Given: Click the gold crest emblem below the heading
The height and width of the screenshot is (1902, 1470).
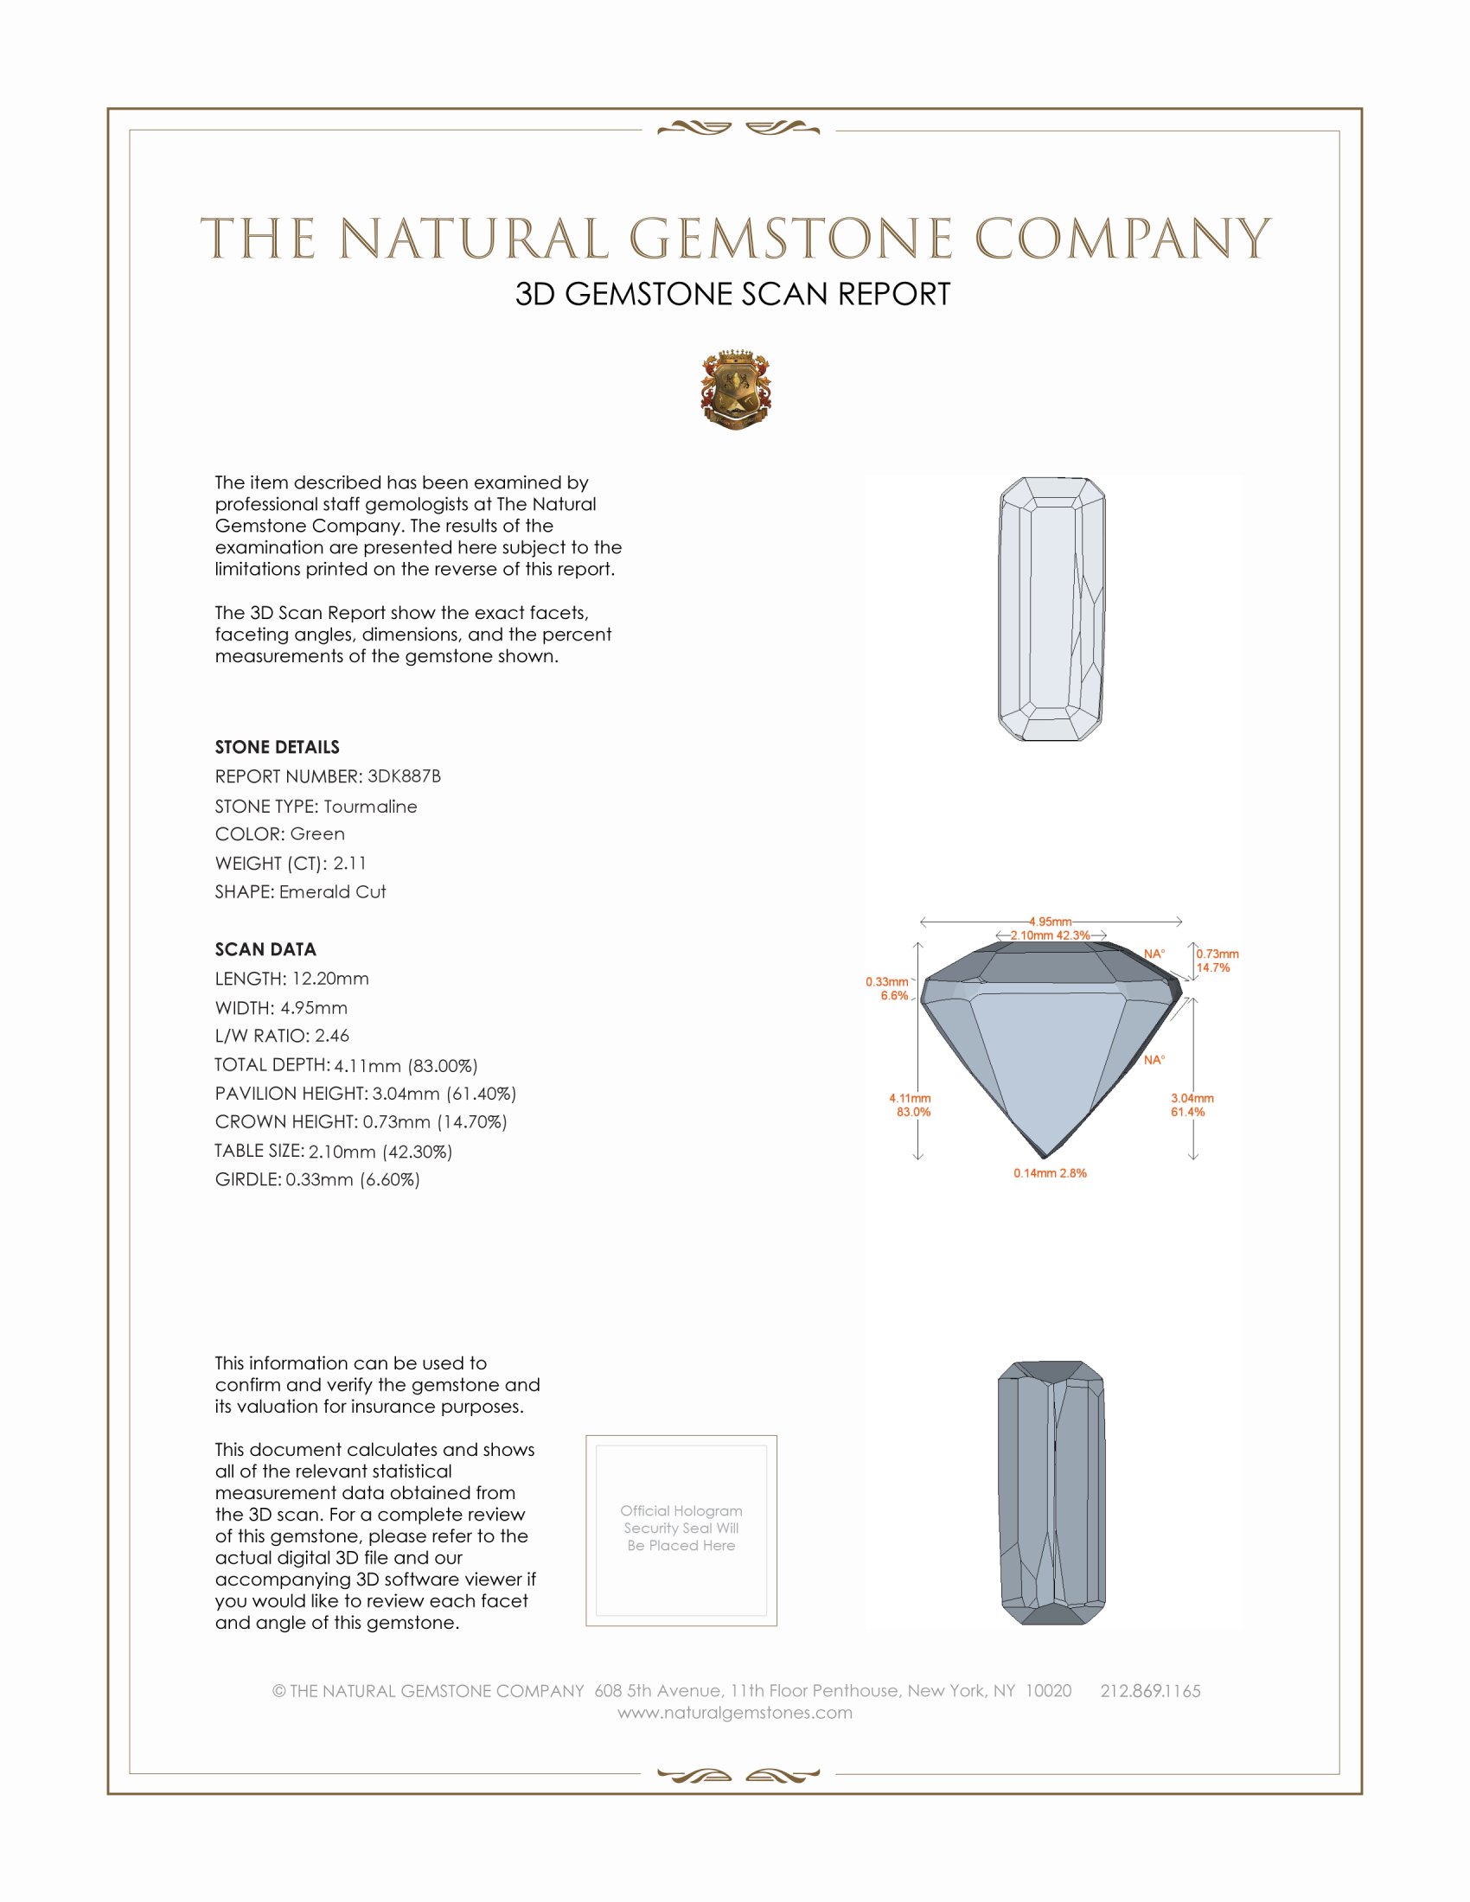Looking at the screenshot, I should coord(736,390).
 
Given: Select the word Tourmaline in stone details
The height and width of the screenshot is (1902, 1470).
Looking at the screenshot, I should coord(370,807).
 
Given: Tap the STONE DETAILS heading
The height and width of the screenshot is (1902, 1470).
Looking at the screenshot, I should coord(277,747).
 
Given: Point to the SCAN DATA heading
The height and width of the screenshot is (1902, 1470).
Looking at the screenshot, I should coord(265,949).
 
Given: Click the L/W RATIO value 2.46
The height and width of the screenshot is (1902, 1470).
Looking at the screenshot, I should coord(331,1036).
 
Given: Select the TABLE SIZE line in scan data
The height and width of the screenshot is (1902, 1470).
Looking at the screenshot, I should coord(334,1152).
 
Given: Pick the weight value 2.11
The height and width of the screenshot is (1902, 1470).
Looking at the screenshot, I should coord(349,863).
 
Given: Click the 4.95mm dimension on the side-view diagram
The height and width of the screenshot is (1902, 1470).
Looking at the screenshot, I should coord(1050,922).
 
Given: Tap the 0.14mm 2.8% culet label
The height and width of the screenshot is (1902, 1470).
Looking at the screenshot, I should coord(1050,1173).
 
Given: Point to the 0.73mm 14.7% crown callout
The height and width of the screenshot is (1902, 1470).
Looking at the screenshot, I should coord(1217,961).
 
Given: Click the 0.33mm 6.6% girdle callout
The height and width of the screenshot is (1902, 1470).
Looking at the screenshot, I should coord(887,988).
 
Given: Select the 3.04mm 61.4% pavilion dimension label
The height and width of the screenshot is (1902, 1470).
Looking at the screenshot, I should coord(1192,1105).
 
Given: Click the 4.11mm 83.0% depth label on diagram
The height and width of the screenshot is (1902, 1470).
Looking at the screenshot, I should coord(910,1105).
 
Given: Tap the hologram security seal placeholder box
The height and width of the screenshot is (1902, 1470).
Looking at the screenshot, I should coord(681,1530).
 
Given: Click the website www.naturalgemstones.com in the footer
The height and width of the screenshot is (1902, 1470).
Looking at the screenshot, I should coord(735,1713).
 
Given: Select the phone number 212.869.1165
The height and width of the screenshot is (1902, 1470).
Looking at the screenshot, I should coord(1149,1691).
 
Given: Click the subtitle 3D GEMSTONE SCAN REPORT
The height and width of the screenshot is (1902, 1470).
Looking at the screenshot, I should coord(732,294).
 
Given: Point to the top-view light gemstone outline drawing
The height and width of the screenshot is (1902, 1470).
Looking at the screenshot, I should coord(1051,609).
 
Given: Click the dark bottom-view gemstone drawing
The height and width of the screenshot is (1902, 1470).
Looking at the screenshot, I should coord(1051,1493).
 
